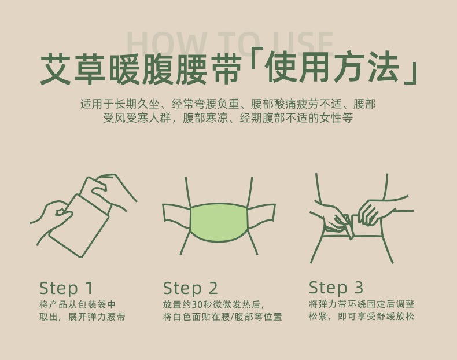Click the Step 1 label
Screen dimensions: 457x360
[x=66, y=288]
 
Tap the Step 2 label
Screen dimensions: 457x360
[x=190, y=288]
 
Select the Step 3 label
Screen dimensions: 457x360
[x=336, y=288]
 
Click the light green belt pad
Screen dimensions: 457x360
[x=219, y=222]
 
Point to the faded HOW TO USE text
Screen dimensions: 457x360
[x=230, y=45]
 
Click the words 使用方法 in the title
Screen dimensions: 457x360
[x=333, y=67]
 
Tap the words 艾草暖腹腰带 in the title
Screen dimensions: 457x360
[x=141, y=69]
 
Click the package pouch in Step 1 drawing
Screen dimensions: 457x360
[x=79, y=226]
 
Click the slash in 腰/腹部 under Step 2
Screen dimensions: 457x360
[x=232, y=317]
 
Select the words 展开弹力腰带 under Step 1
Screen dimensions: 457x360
[x=97, y=317]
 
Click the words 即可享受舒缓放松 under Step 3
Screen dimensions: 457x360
[x=376, y=316]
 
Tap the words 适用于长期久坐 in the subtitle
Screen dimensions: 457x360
[x=120, y=104]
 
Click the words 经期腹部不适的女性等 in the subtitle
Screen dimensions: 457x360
[x=296, y=117]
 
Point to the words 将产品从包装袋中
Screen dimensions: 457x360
[x=78, y=304]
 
